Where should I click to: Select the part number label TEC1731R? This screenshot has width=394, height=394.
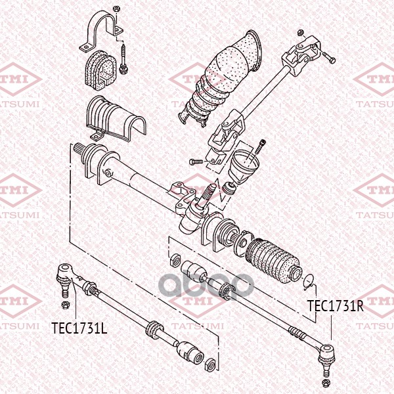click(336, 305)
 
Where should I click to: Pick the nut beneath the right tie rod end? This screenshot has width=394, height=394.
click(325, 382)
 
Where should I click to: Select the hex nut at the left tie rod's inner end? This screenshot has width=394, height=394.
click(211, 362)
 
